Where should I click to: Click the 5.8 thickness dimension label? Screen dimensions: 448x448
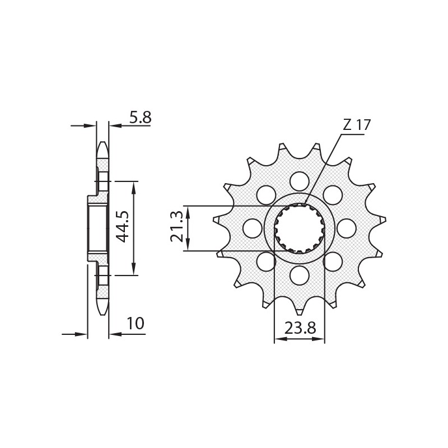click(140, 118)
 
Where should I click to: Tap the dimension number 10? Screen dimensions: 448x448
click(135, 324)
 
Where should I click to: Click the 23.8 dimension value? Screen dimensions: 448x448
click(300, 329)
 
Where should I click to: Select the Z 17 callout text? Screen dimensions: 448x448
click(357, 125)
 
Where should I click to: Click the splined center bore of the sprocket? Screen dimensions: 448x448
click(300, 228)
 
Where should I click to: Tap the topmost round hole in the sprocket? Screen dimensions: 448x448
click(300, 181)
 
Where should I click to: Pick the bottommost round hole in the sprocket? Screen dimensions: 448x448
click(300, 275)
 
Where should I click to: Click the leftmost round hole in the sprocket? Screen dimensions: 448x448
click(253, 228)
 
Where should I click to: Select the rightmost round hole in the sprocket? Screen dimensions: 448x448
click(347, 228)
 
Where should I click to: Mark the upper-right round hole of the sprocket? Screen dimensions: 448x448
click(333, 195)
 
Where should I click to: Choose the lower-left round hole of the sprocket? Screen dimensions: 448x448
click(267, 261)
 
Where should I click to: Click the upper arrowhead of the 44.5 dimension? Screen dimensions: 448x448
click(133, 185)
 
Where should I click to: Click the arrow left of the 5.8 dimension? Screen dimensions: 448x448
click(90, 126)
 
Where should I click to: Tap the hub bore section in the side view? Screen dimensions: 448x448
click(97, 228)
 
